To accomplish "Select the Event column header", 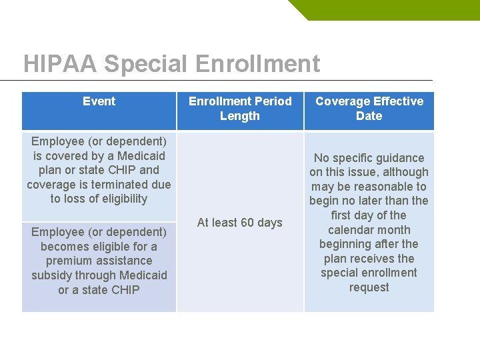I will coord(99,101).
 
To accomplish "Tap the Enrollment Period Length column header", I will coord(240,109).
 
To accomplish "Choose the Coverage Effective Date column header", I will coord(369,109).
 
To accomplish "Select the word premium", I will coord(66,261).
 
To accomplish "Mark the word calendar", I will coord(350,230).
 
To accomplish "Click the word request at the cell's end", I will coord(369,287).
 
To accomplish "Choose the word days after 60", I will coord(269,223).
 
